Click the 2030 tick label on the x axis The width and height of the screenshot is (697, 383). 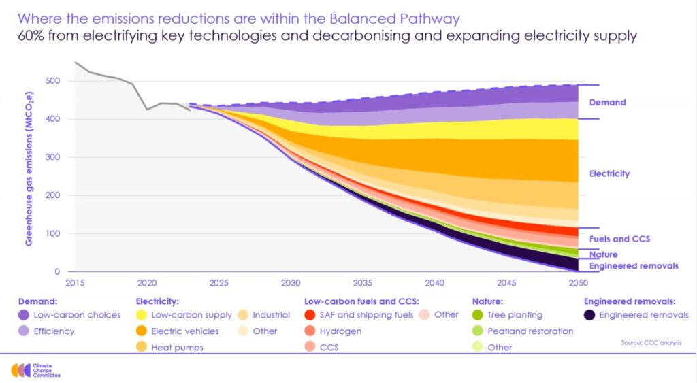[x=291, y=282]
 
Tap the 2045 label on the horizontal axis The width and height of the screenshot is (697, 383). [x=506, y=282]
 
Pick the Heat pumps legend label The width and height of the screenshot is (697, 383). [x=177, y=348]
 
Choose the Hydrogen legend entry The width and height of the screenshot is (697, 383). [x=340, y=331]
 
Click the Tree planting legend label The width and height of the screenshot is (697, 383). [x=515, y=315]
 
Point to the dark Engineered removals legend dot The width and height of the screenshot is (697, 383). [x=589, y=315]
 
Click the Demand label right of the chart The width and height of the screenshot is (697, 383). [x=607, y=103]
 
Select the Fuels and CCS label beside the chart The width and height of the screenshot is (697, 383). [x=619, y=239]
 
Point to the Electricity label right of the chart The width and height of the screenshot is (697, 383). [x=609, y=173]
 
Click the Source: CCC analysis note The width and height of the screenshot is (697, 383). [x=650, y=342]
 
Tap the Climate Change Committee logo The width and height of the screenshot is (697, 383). [x=37, y=370]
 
